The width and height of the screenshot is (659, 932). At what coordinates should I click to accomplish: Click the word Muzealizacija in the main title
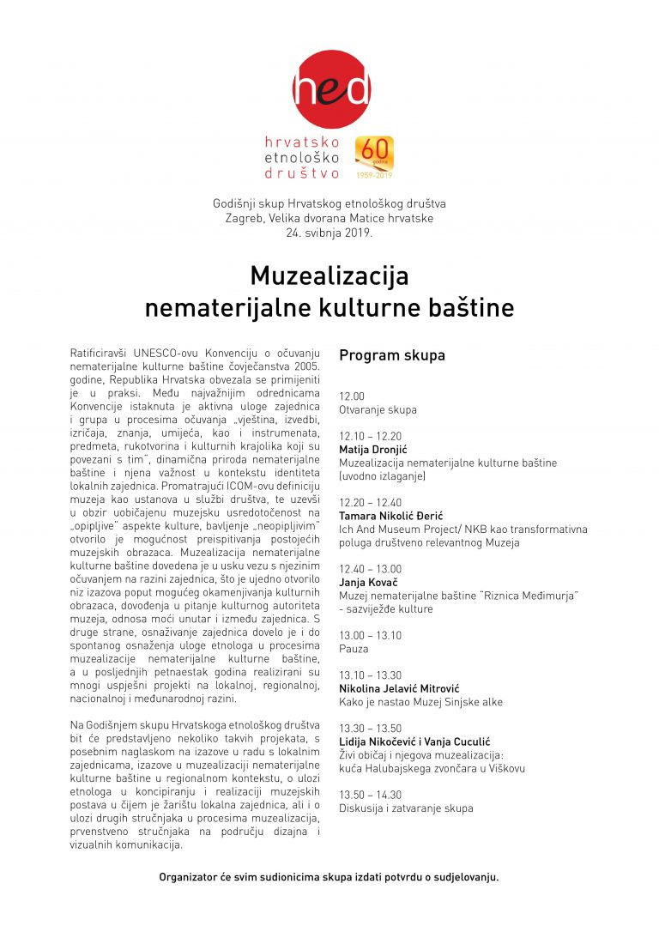click(329, 276)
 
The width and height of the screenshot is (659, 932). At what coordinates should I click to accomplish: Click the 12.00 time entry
click(352, 396)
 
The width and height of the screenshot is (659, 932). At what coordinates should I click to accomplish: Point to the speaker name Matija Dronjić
click(372, 450)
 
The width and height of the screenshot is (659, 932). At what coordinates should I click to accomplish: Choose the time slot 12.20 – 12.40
click(370, 502)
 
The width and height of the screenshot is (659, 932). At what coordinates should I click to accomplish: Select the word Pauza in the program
click(354, 649)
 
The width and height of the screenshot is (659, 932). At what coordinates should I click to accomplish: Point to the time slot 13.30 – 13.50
click(370, 729)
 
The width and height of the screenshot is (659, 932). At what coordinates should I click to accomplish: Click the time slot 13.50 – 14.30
click(370, 795)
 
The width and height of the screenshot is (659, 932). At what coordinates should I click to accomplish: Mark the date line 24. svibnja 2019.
click(329, 233)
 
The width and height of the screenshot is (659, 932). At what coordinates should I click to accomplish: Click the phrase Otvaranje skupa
click(378, 409)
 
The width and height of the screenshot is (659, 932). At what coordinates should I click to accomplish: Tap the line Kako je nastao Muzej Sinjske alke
click(420, 702)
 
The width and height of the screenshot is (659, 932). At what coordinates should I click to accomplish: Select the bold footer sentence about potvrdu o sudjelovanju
click(329, 877)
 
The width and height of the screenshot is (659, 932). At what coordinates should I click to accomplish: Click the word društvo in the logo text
click(305, 172)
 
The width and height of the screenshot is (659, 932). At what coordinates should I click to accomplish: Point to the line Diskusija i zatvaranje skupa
click(406, 808)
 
